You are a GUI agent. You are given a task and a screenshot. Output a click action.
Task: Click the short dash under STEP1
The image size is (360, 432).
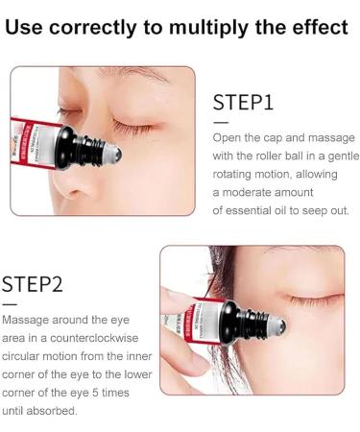[x=221, y=122]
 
